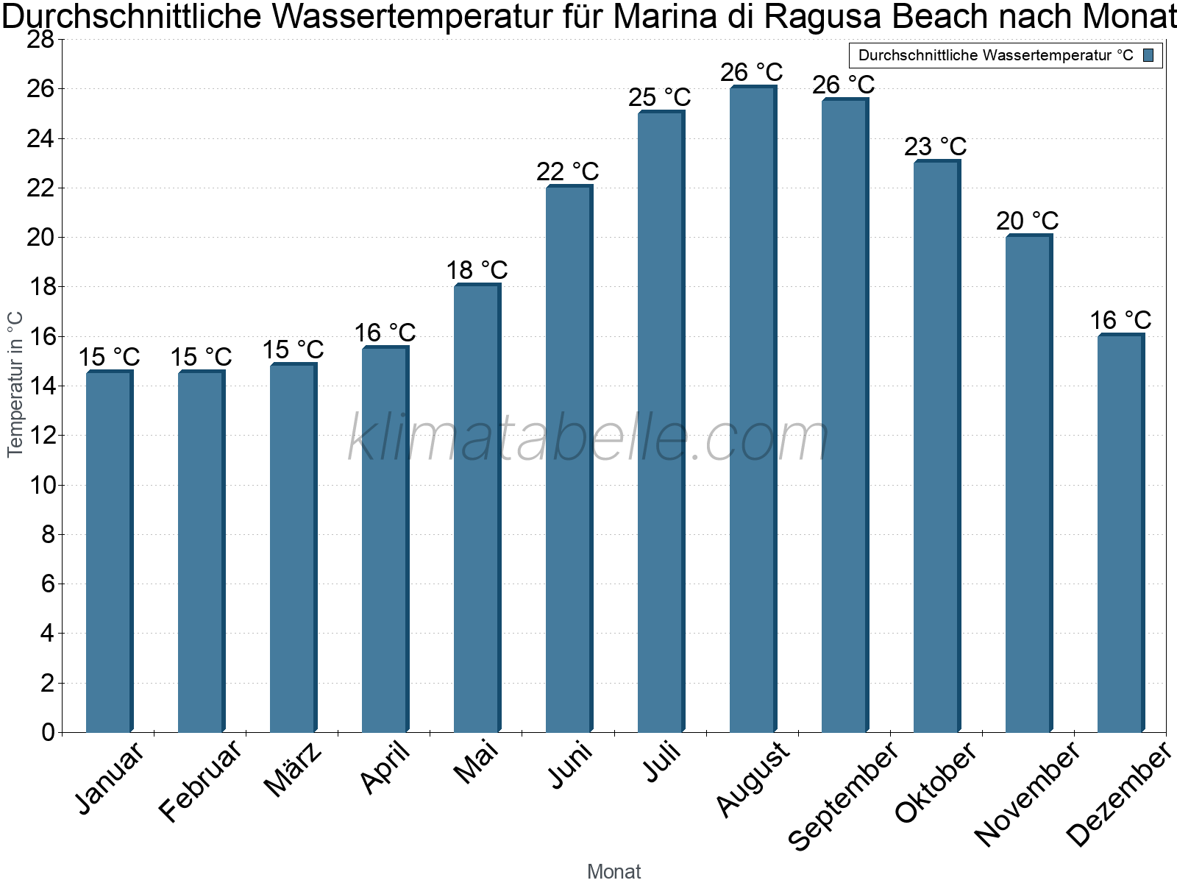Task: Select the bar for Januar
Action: pyautogui.click(x=109, y=552)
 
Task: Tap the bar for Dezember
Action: pyautogui.click(x=1120, y=533)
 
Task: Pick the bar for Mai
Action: pyautogui.click(x=477, y=508)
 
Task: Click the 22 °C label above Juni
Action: pyautogui.click(x=567, y=171)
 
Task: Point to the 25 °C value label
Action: pyautogui.click(x=659, y=97)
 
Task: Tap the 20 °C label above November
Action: pyautogui.click(x=1027, y=221)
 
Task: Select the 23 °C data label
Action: pyautogui.click(x=935, y=146)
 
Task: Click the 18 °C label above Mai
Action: pyautogui.click(x=477, y=270)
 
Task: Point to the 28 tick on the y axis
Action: pyautogui.click(x=40, y=39)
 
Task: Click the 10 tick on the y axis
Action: pyautogui.click(x=40, y=485)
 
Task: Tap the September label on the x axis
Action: pyautogui.click(x=843, y=795)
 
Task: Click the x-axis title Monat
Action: pyautogui.click(x=614, y=871)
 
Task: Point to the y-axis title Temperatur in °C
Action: pyautogui.click(x=15, y=384)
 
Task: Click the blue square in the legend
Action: pyautogui.click(x=1148, y=55)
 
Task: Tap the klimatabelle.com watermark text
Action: pyautogui.click(x=588, y=439)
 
